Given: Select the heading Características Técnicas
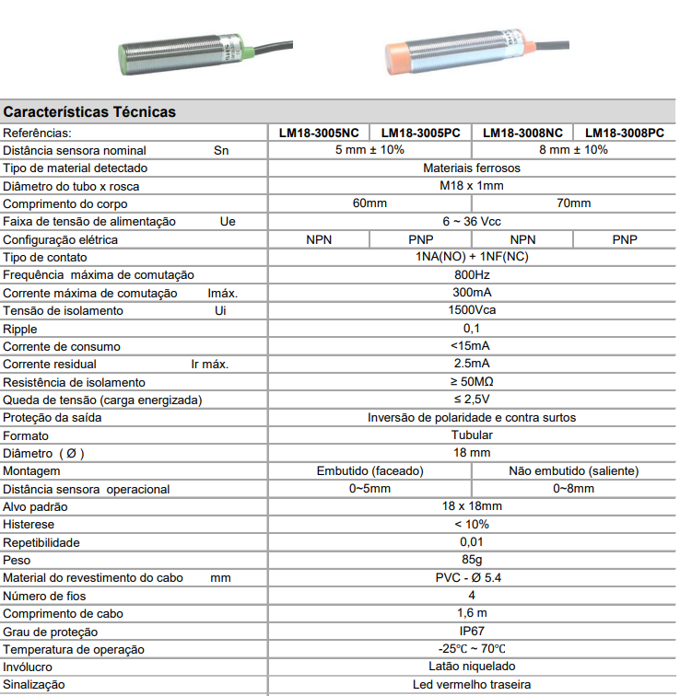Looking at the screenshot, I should pos(89,112).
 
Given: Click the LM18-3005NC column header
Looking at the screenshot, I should pos(319,133).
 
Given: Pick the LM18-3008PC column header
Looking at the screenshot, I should pos(624,133).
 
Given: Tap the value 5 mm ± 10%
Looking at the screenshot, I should pos(369,150).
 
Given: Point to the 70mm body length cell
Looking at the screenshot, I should pos(573,203).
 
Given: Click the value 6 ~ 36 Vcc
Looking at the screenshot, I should pos(472,222).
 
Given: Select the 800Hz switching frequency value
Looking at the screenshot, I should pos(472,275).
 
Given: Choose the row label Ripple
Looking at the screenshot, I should pos(19,329).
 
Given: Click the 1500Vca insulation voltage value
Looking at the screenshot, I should pos(472,310).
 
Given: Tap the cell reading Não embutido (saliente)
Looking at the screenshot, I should pos(573,471).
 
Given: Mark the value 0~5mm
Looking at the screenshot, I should pos(369,489).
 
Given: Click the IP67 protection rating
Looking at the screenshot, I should pos(472,632).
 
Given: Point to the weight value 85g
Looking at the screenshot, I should pos(472,561).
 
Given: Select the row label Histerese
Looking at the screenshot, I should pos(29,525).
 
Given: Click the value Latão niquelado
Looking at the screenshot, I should pos(472,667).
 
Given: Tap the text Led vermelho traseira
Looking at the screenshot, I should pos(472,685).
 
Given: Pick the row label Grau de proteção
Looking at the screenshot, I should pos(50,632).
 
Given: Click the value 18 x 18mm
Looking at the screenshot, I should pos(472,507).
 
